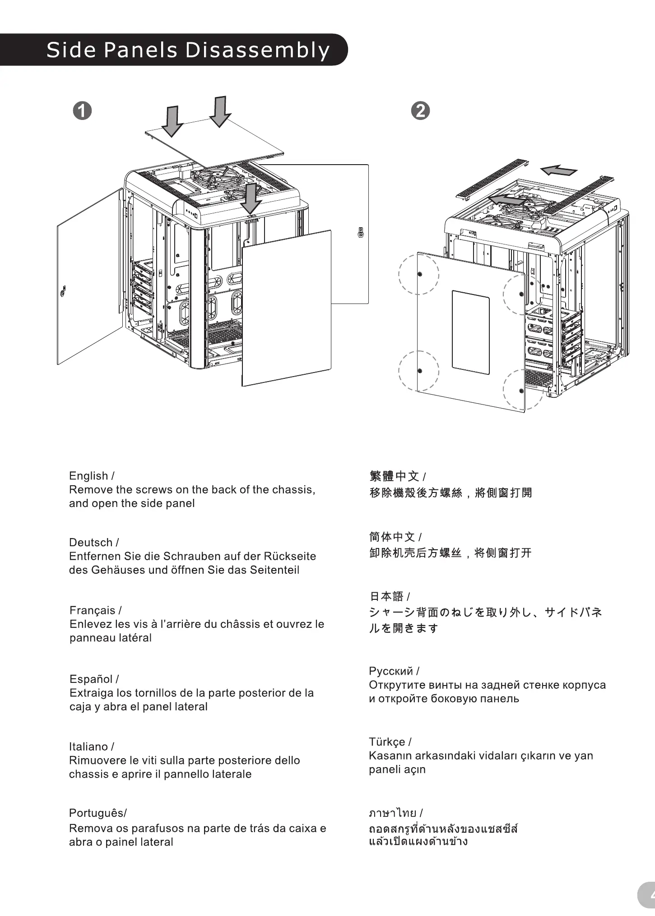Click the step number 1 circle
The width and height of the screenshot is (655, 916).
click(x=82, y=110)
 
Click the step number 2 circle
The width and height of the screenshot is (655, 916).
click(x=421, y=110)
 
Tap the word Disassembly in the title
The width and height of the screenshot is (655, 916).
click(x=257, y=50)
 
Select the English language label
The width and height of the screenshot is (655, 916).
click(x=88, y=476)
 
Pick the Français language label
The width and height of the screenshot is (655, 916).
click(x=93, y=610)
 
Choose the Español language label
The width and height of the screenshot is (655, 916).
click(x=91, y=679)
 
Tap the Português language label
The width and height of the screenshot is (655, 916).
click(x=96, y=813)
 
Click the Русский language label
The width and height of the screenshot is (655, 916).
click(x=391, y=671)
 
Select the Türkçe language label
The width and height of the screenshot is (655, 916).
click(x=387, y=742)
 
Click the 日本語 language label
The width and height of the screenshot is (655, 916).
click(x=386, y=596)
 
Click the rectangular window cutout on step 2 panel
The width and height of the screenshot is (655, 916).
click(x=471, y=332)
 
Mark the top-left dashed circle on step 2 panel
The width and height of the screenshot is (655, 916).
click(x=419, y=274)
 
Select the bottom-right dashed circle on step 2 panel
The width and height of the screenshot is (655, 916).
click(x=522, y=390)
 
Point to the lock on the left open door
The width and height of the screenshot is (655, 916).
click(x=63, y=290)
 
